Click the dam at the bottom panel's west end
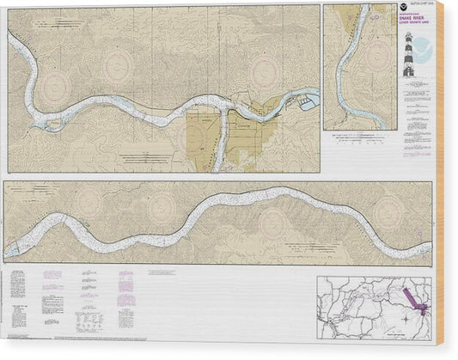15,250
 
